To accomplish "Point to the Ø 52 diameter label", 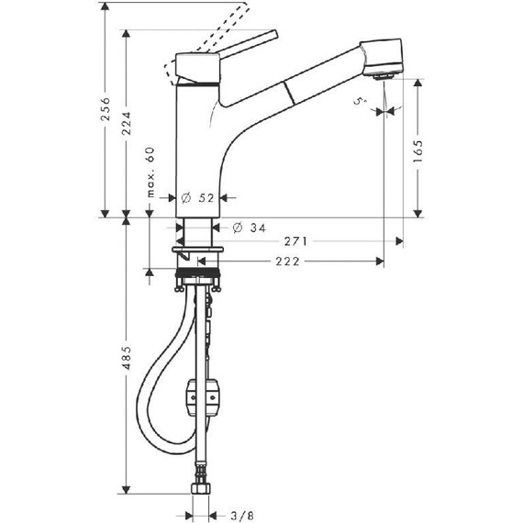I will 198,198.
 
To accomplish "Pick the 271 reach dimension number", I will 295,241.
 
